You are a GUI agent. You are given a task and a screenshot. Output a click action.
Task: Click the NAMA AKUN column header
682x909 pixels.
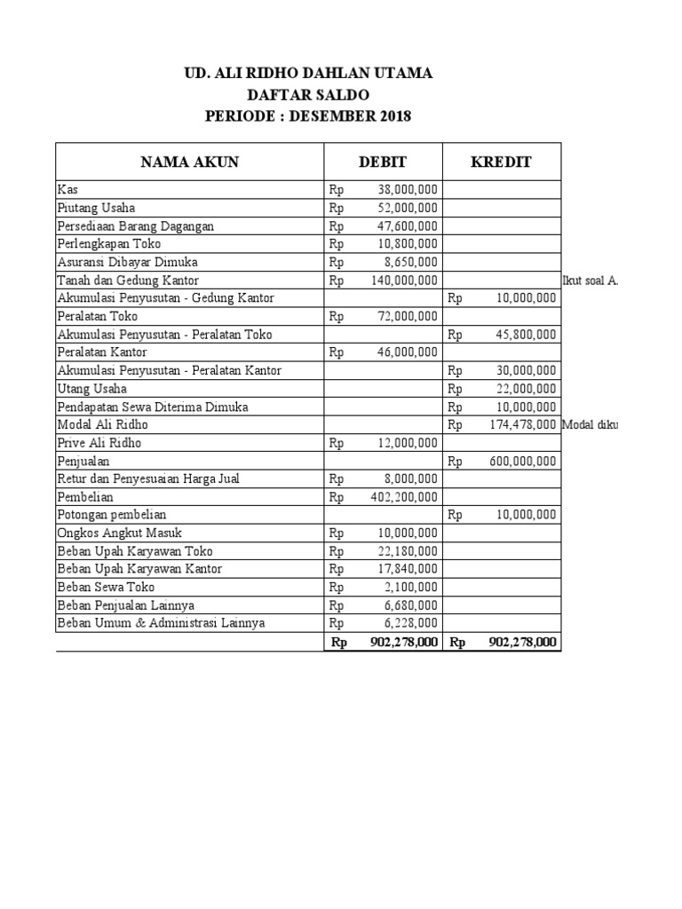(189, 162)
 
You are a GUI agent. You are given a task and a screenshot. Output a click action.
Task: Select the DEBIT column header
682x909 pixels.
(382, 162)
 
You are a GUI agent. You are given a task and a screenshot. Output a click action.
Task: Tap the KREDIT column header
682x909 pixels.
(501, 162)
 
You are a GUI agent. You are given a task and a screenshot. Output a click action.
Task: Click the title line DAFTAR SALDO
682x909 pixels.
(308, 94)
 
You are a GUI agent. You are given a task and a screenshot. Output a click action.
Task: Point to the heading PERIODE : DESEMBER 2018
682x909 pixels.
(308, 116)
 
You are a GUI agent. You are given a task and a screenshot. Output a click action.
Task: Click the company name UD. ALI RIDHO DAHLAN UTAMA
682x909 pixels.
(308, 73)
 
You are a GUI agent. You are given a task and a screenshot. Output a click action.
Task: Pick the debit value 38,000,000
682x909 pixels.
(407, 190)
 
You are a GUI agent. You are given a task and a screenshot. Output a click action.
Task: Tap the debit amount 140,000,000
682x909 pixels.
(403, 281)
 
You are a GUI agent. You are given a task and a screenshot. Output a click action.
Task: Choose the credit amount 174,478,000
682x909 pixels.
(523, 424)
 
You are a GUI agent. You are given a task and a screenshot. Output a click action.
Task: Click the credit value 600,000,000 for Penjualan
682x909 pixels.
(523, 461)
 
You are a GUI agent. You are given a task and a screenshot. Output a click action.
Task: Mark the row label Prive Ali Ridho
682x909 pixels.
(99, 442)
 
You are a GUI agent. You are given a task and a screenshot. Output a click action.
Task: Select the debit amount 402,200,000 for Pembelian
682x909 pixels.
(403, 497)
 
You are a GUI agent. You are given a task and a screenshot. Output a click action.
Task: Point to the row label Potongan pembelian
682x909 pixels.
(111, 515)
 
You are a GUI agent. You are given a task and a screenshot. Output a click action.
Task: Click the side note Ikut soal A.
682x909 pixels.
(591, 281)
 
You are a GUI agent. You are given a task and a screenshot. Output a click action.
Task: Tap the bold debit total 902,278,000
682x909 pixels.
(404, 642)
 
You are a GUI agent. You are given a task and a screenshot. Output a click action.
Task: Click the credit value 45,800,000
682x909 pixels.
(527, 335)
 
